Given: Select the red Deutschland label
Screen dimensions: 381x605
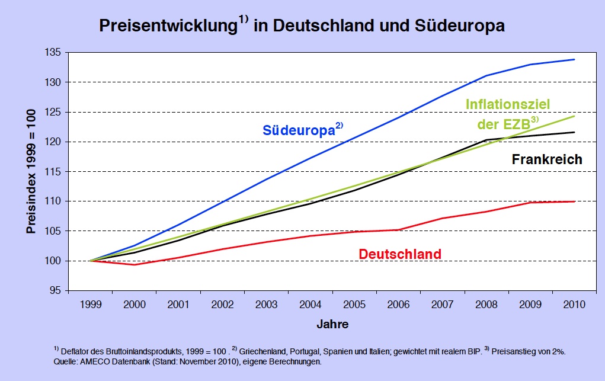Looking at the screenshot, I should click(400, 254).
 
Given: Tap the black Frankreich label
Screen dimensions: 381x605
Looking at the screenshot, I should click(547, 159).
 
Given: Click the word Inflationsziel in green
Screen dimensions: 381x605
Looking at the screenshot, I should click(508, 105).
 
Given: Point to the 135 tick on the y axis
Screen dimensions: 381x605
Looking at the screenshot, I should click(54, 52).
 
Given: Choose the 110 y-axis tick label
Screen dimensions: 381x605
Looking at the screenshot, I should click(54, 201).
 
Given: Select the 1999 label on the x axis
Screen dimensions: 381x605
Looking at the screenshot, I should click(91, 305).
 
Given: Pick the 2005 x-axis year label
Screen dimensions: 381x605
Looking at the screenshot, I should click(354, 305).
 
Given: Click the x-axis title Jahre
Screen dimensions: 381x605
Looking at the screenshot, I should click(332, 324).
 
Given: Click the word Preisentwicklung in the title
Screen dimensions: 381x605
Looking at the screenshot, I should click(168, 27).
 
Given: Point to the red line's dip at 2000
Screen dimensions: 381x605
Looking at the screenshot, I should click(135, 264).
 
